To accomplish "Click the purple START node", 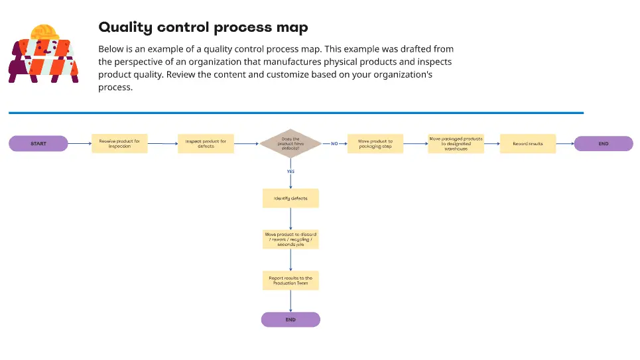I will click(x=38, y=143).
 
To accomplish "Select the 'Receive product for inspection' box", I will click(x=119, y=143).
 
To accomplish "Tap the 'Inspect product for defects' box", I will click(x=206, y=143).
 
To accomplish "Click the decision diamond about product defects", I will click(x=290, y=143).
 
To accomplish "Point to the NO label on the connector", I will click(x=334, y=143).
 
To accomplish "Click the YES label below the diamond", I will click(x=290, y=171).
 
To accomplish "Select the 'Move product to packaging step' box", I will click(x=375, y=143).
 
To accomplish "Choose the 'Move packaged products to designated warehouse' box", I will click(x=456, y=143).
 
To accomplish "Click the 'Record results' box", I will click(x=527, y=143).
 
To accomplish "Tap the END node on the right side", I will click(x=603, y=143).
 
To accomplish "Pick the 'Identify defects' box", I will click(x=290, y=198).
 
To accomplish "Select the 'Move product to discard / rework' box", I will click(x=290, y=239).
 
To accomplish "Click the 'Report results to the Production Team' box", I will click(x=290, y=280).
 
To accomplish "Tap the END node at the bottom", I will click(x=290, y=320).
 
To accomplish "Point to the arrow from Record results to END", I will click(x=564, y=143).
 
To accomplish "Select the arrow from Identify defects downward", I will click(x=290, y=219).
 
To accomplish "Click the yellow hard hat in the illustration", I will click(x=45, y=32).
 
